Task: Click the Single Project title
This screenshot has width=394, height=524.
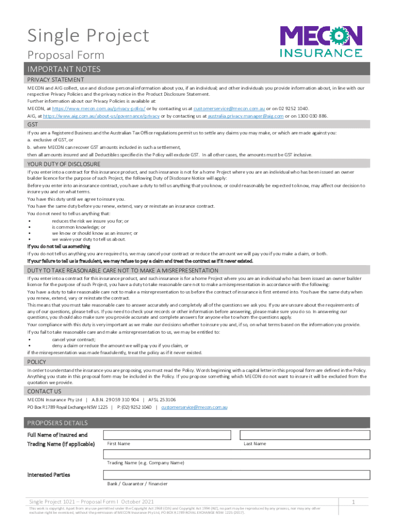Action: pos(88,36)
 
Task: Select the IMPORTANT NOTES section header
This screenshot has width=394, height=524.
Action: pos(64,69)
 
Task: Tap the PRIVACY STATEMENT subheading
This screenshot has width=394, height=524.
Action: pos(55,80)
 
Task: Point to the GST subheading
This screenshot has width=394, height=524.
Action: pos(32,125)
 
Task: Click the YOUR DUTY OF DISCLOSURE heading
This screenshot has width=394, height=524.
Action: pos(63,164)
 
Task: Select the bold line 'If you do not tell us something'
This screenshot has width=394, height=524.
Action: pos(58,246)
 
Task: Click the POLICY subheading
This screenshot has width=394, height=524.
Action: pos(37,362)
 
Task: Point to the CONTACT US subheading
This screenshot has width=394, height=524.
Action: pos(44,391)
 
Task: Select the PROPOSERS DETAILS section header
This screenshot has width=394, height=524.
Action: pos(57,423)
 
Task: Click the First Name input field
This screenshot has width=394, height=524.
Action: pos(169,434)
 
